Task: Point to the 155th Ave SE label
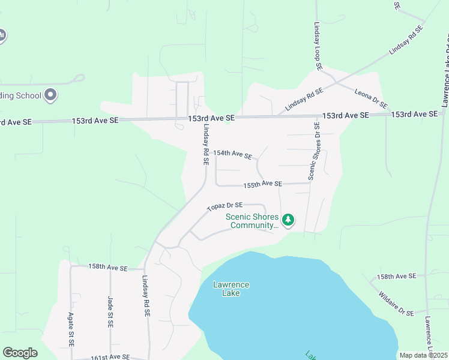[262, 184]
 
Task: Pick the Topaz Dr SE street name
[225, 207]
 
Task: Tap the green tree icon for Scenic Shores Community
[288, 220]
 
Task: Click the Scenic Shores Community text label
[252, 221]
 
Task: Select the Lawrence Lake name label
[231, 289]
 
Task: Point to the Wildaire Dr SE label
[396, 304]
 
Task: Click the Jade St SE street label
[110, 312]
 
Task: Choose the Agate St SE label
[70, 329]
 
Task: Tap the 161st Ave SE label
[110, 357]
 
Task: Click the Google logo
[20, 353]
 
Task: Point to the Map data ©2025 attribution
[423, 355]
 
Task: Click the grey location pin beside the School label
[51, 94]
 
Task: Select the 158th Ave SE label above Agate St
[108, 268]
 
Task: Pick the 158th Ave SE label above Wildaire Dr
[396, 276]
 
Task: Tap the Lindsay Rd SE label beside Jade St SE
[146, 296]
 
